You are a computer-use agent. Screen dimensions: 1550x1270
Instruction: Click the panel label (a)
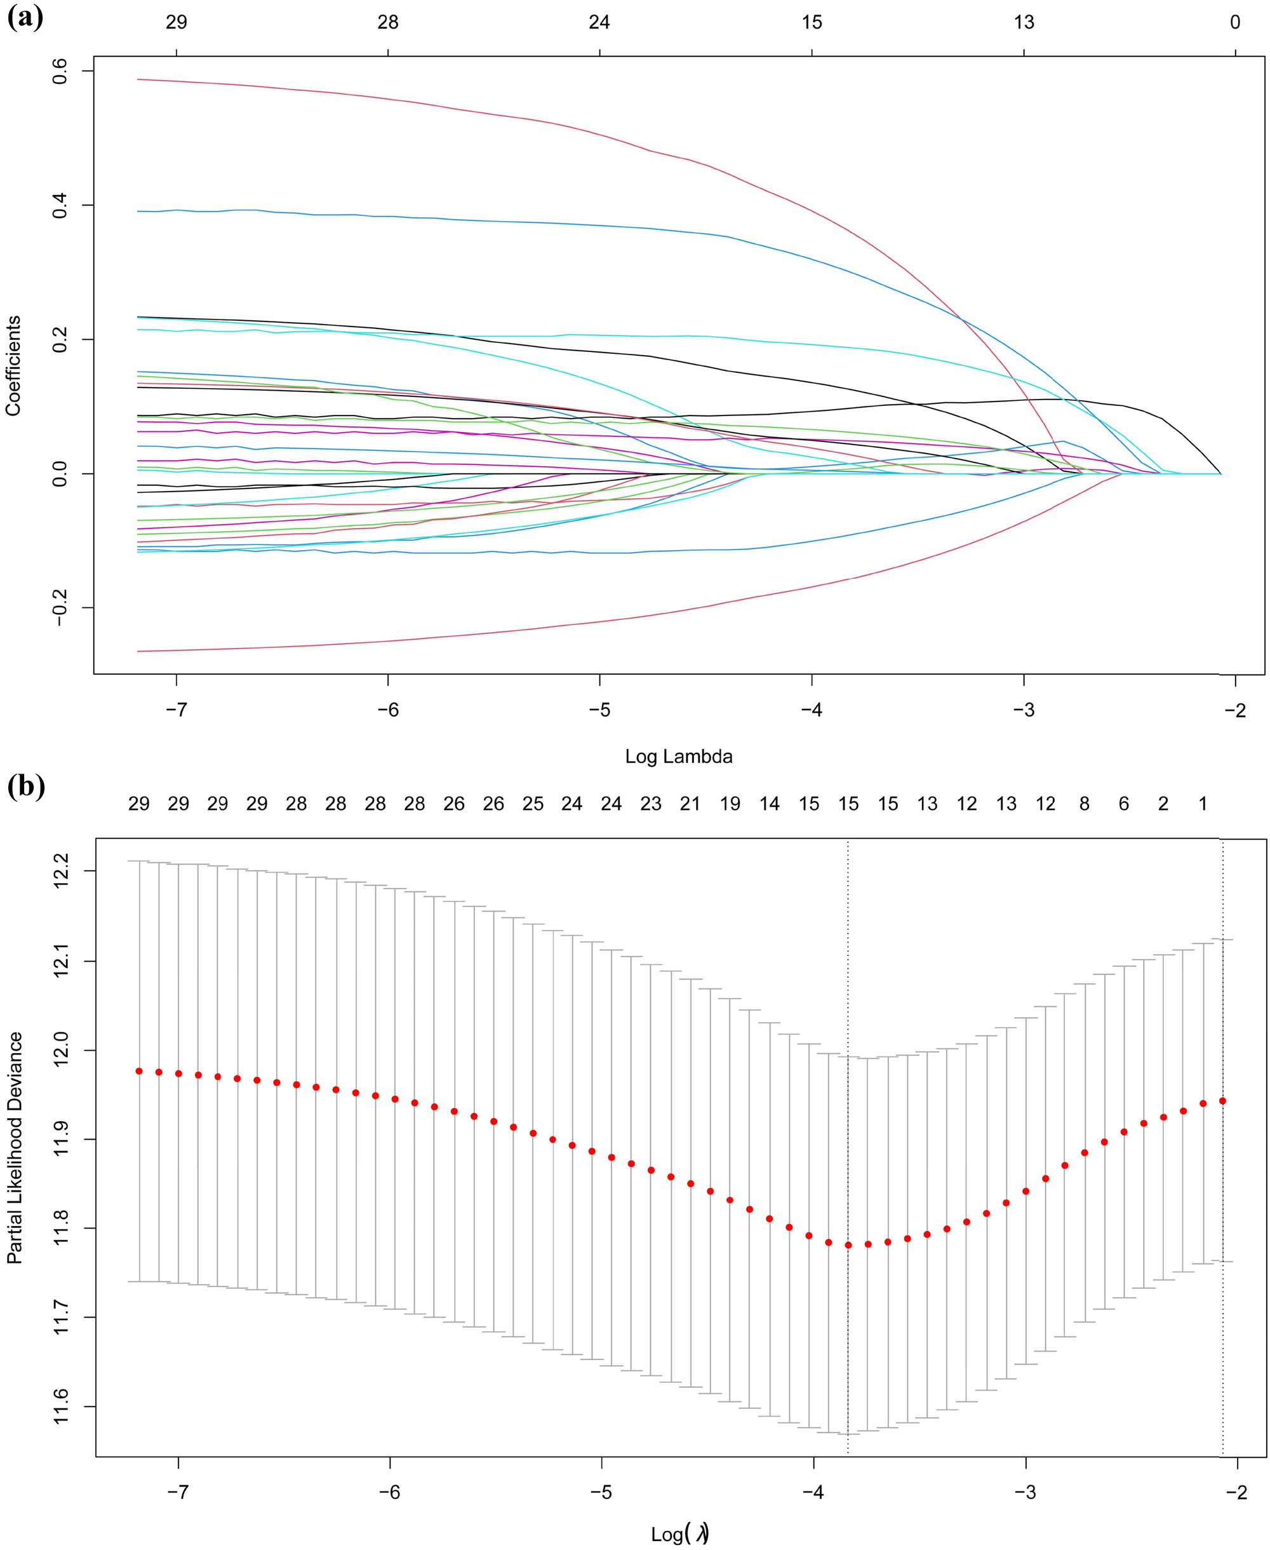click(25, 16)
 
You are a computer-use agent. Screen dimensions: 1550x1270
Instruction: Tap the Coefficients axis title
click(13, 366)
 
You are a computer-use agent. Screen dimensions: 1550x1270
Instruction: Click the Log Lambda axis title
click(678, 757)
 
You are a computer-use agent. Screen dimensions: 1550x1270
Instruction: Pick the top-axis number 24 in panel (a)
click(599, 23)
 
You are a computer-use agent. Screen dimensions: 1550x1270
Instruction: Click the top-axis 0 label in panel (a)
click(1235, 23)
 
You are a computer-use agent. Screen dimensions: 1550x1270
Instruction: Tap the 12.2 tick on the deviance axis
click(62, 871)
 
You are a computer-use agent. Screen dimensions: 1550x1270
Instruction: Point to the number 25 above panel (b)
click(533, 804)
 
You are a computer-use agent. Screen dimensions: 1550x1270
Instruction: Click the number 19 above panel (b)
click(730, 804)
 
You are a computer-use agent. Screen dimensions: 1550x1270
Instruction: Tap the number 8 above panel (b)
click(1084, 804)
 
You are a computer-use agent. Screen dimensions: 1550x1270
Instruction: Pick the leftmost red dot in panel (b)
click(139, 1072)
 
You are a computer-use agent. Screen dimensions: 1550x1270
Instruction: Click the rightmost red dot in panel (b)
click(1222, 1101)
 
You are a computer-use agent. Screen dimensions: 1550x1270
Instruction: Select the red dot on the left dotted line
click(848, 1245)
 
